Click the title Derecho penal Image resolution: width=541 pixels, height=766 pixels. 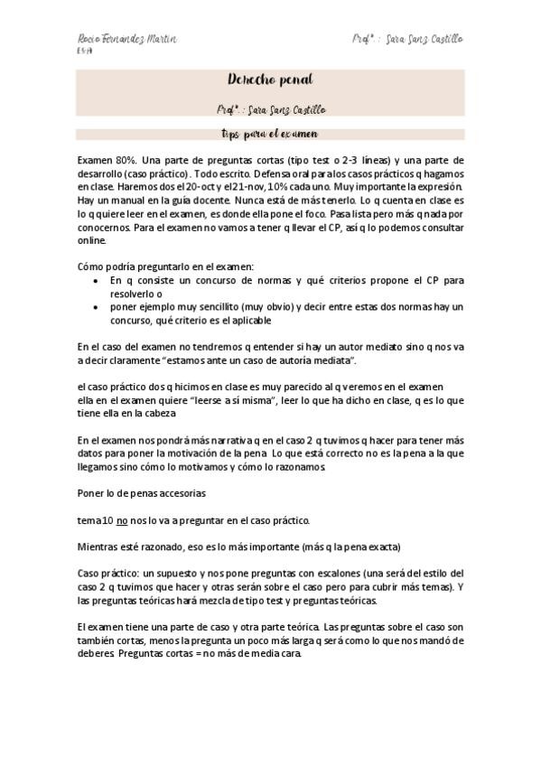click(x=270, y=80)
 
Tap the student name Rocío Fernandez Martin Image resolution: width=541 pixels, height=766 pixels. click(x=126, y=40)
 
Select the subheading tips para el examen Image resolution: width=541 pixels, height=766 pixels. click(x=269, y=134)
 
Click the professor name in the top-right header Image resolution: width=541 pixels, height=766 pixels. click(x=407, y=40)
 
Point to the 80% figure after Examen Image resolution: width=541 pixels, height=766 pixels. click(x=125, y=159)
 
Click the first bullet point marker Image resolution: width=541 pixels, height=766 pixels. click(x=98, y=281)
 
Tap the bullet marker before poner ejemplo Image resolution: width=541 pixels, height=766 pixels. click(x=98, y=308)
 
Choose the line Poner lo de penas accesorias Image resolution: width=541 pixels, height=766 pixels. click(x=141, y=493)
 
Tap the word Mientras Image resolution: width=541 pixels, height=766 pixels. click(x=101, y=546)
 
